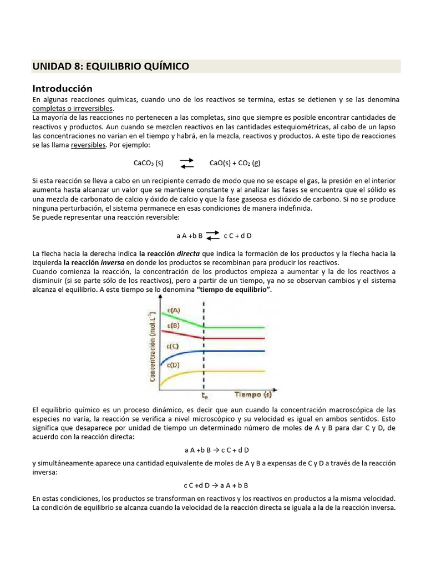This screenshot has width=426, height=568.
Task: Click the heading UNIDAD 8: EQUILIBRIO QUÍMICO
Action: [x=111, y=67]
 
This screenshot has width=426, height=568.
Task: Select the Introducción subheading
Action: [x=62, y=88]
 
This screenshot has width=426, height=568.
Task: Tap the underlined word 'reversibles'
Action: [x=88, y=144]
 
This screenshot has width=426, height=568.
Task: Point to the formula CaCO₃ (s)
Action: [x=149, y=163]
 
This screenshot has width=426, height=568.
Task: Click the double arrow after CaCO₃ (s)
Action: [x=187, y=163]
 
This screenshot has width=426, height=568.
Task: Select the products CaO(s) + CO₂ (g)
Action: [x=235, y=163]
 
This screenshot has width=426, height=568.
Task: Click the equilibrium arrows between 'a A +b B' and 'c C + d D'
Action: [x=212, y=235]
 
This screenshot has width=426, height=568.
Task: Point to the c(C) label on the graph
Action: [x=173, y=347]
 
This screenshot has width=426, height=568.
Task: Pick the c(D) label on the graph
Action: [x=173, y=365]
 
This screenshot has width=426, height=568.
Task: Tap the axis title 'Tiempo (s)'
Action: [x=253, y=394]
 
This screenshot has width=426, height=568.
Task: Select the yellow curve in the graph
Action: [x=233, y=371]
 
